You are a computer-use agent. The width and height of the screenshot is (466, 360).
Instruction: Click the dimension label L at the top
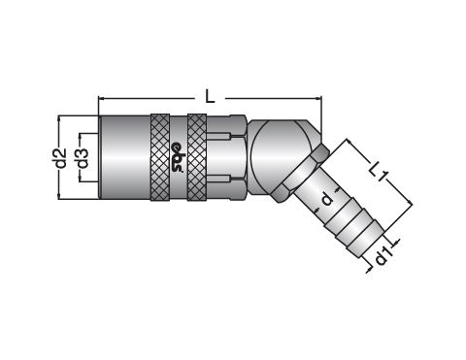pyautogui.click(x=210, y=97)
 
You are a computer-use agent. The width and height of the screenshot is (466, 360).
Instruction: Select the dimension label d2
pyautogui.click(x=61, y=158)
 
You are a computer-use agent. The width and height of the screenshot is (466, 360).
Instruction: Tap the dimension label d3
pyautogui.click(x=83, y=158)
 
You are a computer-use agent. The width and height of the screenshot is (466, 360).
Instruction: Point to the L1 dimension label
pyautogui.click(x=379, y=171)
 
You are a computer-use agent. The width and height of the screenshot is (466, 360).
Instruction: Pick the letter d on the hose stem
pyautogui.click(x=327, y=198)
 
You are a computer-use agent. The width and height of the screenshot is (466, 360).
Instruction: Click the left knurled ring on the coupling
pyautogui.click(x=160, y=157)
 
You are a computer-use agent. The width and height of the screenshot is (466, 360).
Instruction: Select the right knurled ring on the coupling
pyautogui.click(x=197, y=157)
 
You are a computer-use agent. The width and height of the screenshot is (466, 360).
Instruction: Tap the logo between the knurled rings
pyautogui.click(x=178, y=156)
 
